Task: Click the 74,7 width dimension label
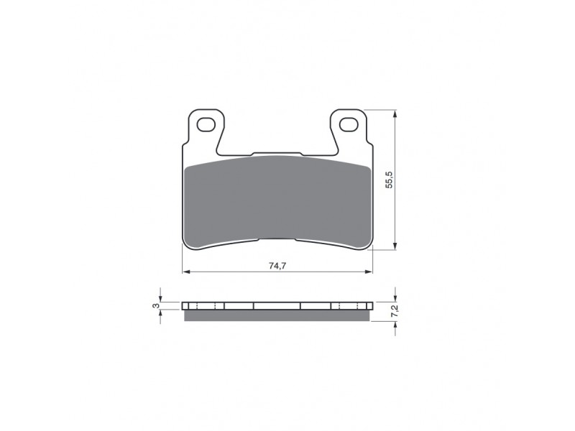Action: [277, 266]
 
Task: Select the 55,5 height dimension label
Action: [390, 180]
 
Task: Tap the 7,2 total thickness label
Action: [395, 312]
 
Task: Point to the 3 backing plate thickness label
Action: [157, 305]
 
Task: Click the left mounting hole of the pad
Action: [206, 124]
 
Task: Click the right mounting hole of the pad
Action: [349, 124]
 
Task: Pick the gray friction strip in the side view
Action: [277, 315]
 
